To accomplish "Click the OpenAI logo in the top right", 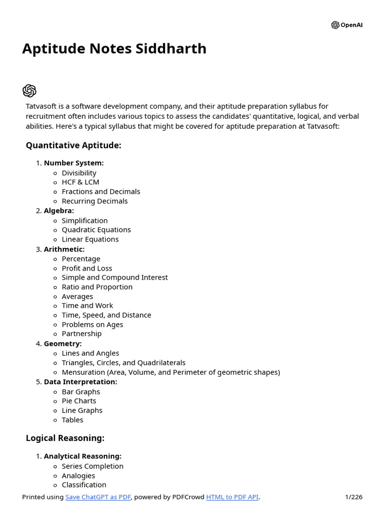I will click(x=346, y=25).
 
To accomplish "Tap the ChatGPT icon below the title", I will click(x=30, y=91).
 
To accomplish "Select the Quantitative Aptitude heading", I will click(x=74, y=145).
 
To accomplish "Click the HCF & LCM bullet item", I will click(x=80, y=182).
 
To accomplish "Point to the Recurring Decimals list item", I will click(x=94, y=201).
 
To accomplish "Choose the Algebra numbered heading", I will click(x=59, y=210).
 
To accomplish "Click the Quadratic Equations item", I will click(x=96, y=229).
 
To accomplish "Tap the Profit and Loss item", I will click(x=87, y=268).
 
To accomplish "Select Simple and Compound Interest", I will click(x=114, y=277).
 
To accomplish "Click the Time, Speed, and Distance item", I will click(x=106, y=315).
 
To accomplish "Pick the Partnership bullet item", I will click(x=81, y=334).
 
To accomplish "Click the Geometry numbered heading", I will click(x=63, y=344).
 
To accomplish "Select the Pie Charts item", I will click(x=79, y=401).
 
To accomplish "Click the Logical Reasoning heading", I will click(x=65, y=438).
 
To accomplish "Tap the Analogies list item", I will click(x=78, y=475).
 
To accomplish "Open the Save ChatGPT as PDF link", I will click(x=98, y=497).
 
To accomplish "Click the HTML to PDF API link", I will click(x=232, y=497).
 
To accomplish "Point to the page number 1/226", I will click(x=353, y=497).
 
